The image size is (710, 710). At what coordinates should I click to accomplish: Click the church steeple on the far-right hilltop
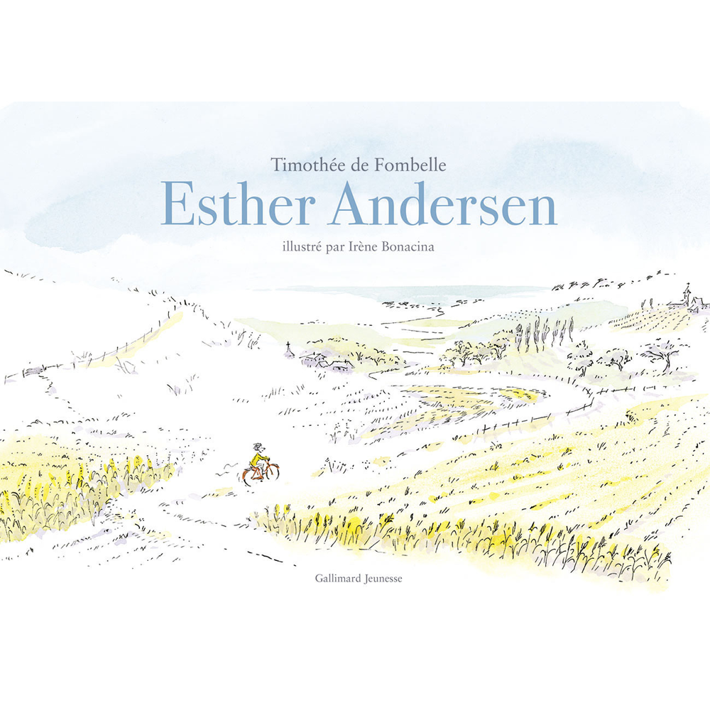click(687, 292)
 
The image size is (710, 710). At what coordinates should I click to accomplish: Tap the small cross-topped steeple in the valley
click(288, 347)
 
